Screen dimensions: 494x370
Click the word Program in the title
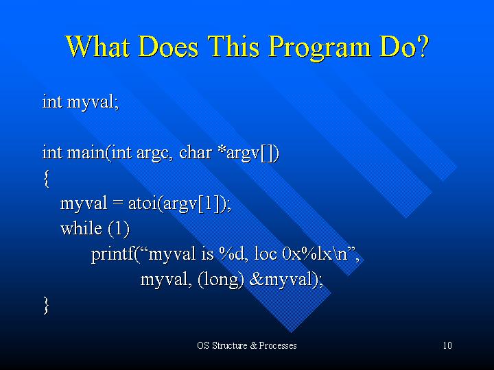coord(320,47)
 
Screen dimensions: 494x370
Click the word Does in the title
coord(168,46)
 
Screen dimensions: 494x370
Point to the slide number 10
coord(447,345)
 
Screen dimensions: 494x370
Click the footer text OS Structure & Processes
coord(247,345)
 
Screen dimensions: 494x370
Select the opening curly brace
coord(47,178)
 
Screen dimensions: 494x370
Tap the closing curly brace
coord(47,306)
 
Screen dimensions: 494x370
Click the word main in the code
coord(86,153)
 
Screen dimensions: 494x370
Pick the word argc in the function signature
coord(152,154)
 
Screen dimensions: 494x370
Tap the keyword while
coord(81,228)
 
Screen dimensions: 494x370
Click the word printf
coord(113,254)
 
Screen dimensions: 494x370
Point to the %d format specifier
coord(232,254)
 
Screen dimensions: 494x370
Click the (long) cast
coord(220,280)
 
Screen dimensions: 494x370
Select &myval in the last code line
coord(283,280)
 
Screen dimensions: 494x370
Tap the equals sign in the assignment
coord(117,204)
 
